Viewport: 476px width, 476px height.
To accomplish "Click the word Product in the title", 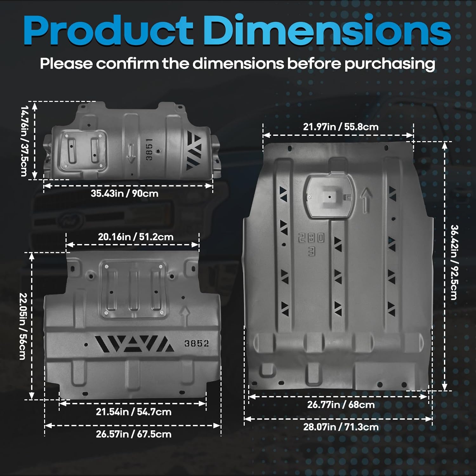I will [x=108, y=30].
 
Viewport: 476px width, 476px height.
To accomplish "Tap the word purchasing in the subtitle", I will [x=390, y=64].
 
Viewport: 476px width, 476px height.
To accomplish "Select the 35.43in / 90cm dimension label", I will [x=124, y=193].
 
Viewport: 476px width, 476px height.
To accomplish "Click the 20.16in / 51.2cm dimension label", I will [x=136, y=237].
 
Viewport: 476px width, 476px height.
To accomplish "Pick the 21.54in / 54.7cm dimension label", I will [x=134, y=412].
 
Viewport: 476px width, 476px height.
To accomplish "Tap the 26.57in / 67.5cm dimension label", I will [x=134, y=434].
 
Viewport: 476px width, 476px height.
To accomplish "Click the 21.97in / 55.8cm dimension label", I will [x=340, y=127].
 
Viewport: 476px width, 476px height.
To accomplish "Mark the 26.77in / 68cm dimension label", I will [x=340, y=405].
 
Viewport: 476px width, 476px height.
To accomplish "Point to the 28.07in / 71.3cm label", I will [x=340, y=427].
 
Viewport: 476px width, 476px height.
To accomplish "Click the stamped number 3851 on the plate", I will [x=149, y=149].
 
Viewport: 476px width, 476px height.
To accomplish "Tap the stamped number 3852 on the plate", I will [x=197, y=344].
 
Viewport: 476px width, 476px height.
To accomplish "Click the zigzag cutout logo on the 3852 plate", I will [x=135, y=344].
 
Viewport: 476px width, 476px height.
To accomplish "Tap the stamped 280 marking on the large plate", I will [x=311, y=238].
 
